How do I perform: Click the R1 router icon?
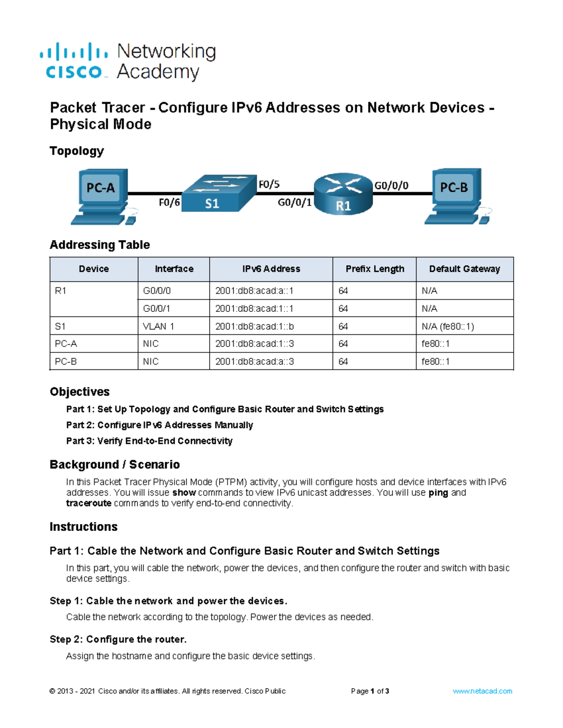(343, 194)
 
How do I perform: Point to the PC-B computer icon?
(455, 196)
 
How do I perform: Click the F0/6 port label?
(169, 203)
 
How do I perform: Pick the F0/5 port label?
(269, 185)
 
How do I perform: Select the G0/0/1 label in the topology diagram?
(294, 203)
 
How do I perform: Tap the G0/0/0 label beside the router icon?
(391, 186)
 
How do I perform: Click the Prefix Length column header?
(374, 269)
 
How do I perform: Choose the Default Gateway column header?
(464, 269)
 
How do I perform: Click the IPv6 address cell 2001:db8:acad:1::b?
(254, 326)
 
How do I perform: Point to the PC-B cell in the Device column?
(66, 361)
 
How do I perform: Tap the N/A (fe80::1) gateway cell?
(448, 326)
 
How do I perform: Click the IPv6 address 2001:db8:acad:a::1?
(254, 291)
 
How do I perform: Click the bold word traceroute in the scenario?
(89, 503)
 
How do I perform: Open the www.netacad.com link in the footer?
(482, 691)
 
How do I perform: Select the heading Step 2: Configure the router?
(118, 639)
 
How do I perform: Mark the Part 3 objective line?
(149, 441)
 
